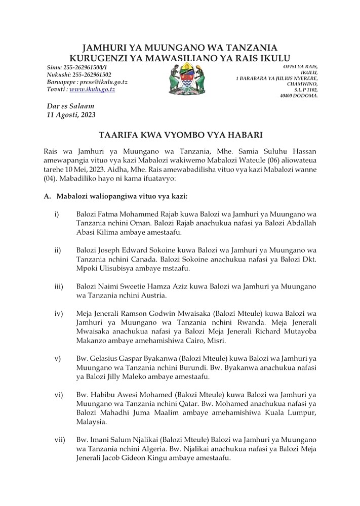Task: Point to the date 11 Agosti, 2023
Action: (x=70, y=115)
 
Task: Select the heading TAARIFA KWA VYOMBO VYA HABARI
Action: (x=180, y=136)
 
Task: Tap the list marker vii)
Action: (x=59, y=440)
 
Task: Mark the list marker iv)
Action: (x=59, y=313)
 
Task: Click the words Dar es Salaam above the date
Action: (x=70, y=106)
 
